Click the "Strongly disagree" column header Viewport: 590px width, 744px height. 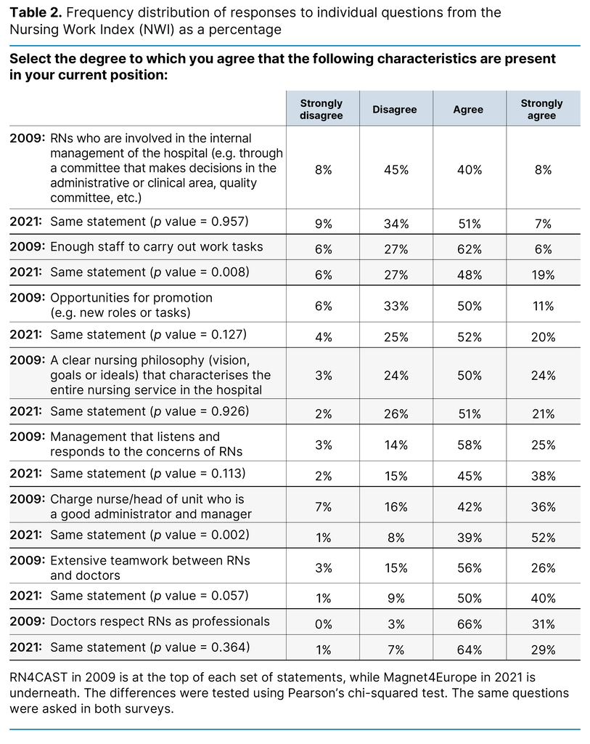point(321,109)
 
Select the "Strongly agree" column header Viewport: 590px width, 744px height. point(541,109)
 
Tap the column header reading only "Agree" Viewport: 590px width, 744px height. point(468,109)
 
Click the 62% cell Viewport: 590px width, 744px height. point(469,249)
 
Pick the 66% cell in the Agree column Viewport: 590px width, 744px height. point(469,624)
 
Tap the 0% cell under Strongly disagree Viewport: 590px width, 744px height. point(323,624)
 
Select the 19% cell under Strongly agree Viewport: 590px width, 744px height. point(542,275)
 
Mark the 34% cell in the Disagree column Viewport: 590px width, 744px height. point(396,224)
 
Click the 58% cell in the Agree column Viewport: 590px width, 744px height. point(469,445)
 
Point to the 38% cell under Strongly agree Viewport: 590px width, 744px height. point(542,477)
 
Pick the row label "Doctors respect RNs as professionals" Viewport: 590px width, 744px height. point(160,621)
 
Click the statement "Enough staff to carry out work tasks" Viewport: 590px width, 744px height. point(157,246)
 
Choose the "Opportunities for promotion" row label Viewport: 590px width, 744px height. point(131,297)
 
